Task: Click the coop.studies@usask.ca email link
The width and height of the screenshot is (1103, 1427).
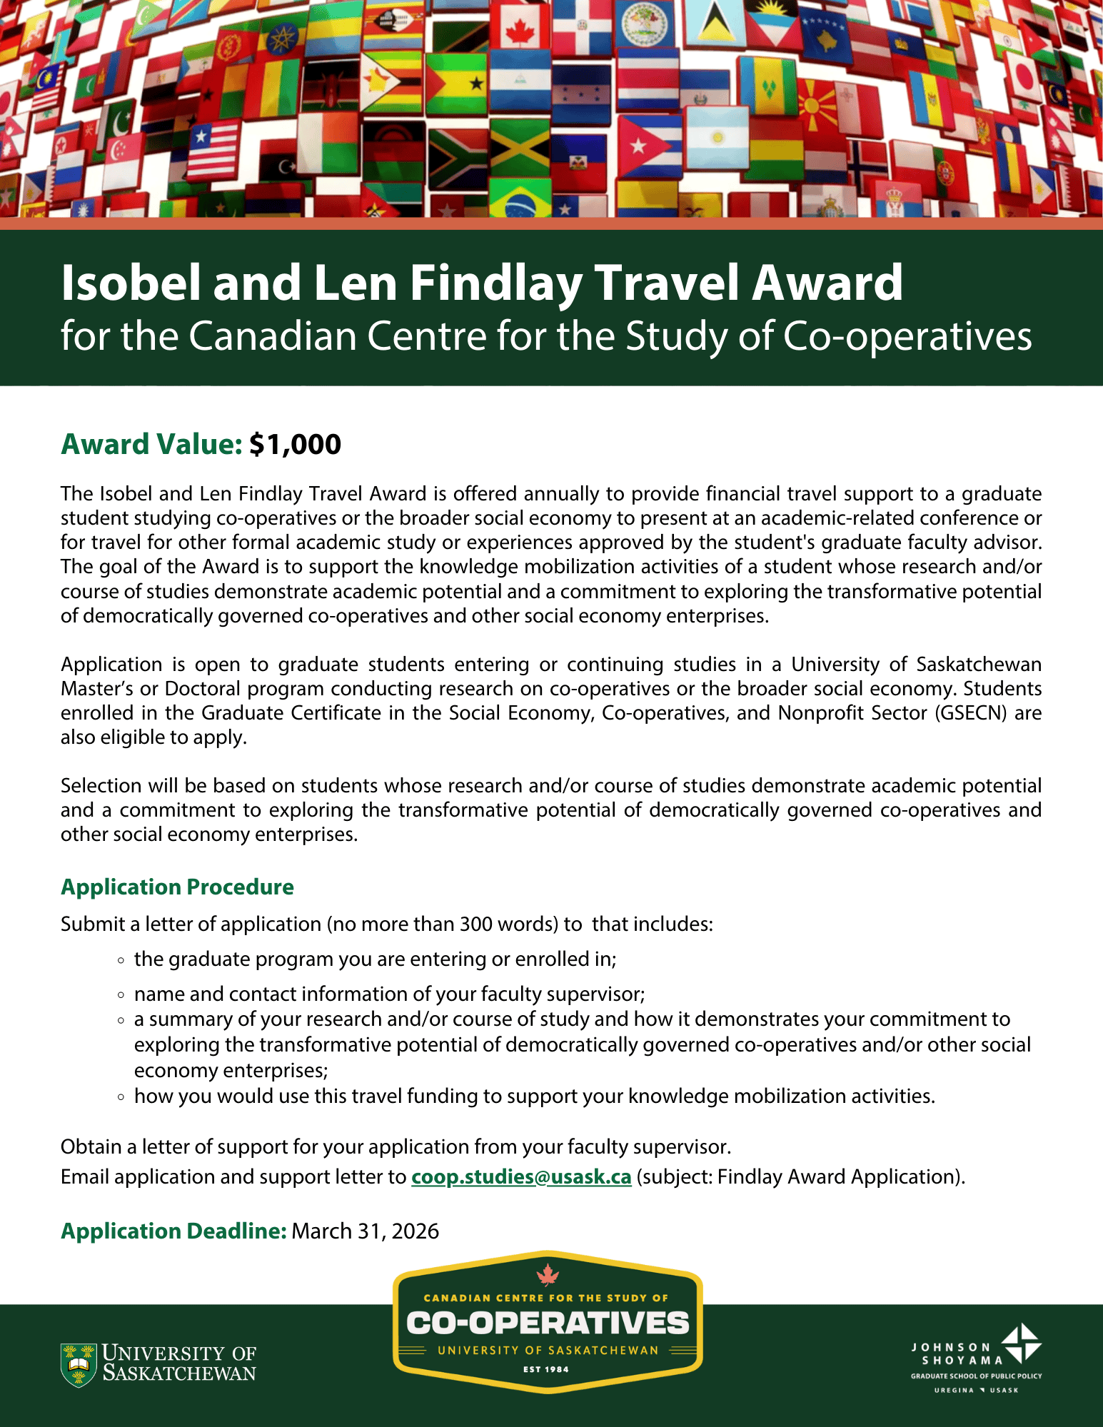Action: tap(521, 1176)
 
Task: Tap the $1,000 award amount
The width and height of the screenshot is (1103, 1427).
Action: tap(295, 444)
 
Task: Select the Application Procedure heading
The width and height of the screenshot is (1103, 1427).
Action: tap(177, 887)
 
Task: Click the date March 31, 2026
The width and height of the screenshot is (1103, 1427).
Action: tap(365, 1231)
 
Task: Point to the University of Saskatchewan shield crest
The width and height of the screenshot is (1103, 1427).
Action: tap(79, 1364)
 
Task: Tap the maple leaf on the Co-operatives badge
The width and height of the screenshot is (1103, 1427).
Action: tap(548, 1274)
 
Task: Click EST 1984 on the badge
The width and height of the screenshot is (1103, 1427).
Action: tap(546, 1369)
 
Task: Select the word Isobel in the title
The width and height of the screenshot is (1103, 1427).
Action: tap(131, 283)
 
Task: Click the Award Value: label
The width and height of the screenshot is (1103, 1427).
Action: tap(151, 444)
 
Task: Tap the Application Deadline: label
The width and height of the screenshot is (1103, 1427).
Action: tap(173, 1231)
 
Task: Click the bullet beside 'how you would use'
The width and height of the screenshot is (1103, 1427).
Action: tap(121, 1096)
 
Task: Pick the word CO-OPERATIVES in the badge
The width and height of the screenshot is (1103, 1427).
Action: tap(548, 1323)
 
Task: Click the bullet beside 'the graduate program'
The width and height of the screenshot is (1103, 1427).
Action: tap(121, 959)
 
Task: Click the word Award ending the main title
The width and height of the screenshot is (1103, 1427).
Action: tap(827, 283)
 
